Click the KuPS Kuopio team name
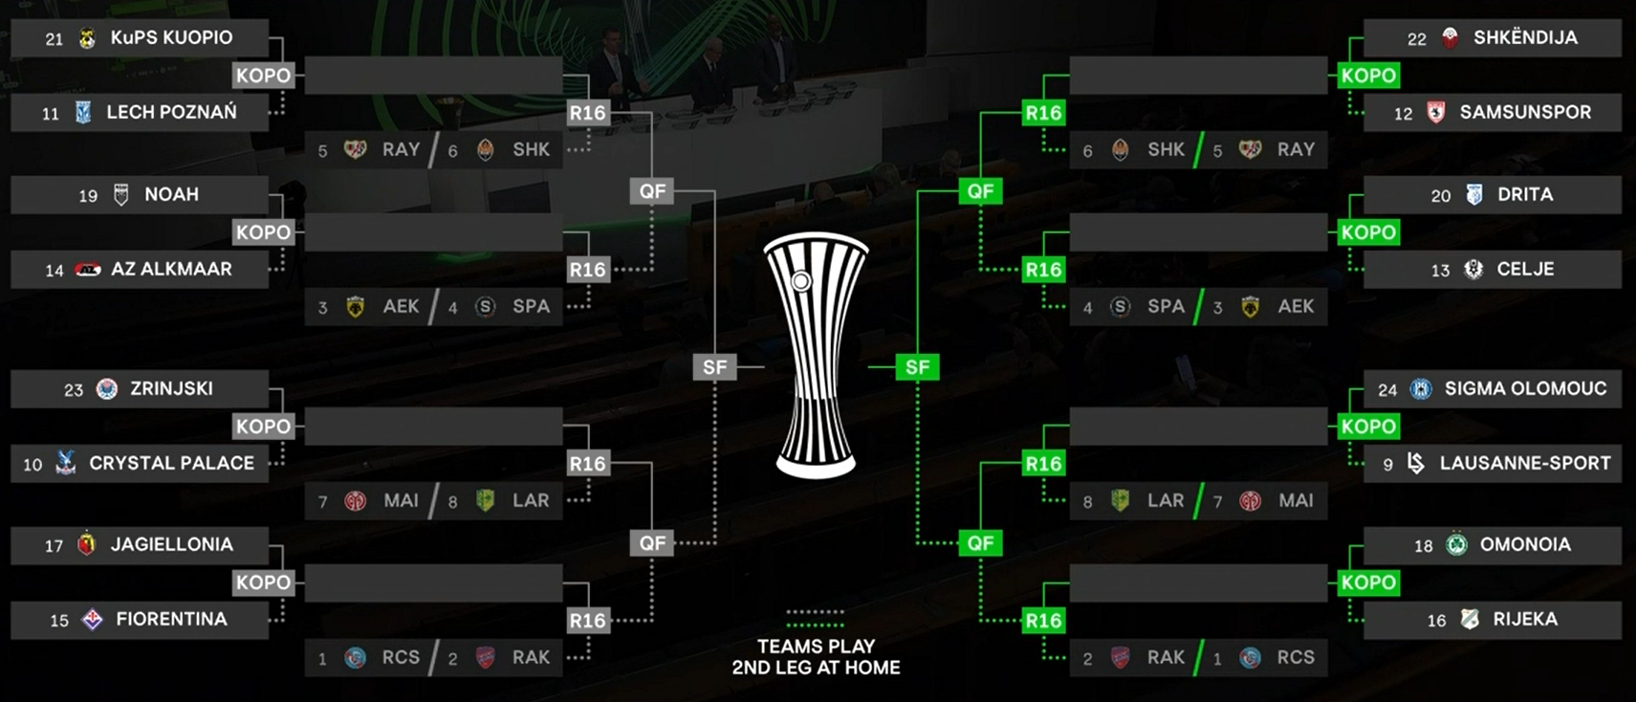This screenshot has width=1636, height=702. (x=171, y=38)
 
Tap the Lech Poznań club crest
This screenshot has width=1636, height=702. (x=83, y=113)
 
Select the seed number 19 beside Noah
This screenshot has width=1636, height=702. (x=88, y=196)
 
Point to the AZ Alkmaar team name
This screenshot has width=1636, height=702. (x=171, y=270)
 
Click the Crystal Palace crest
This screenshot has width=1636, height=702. (x=66, y=464)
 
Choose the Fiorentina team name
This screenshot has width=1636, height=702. (x=171, y=620)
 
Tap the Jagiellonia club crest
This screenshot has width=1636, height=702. (x=87, y=544)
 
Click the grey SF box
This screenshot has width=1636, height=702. (x=714, y=367)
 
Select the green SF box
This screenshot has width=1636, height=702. (x=917, y=367)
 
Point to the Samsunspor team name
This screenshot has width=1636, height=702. (x=1525, y=113)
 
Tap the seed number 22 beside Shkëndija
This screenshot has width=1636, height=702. (x=1416, y=39)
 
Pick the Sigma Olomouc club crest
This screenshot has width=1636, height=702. (x=1421, y=389)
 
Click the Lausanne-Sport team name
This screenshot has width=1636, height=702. (x=1525, y=464)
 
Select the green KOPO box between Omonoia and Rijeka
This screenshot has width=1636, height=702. (x=1368, y=582)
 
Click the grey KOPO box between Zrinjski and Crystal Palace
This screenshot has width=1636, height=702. (x=263, y=427)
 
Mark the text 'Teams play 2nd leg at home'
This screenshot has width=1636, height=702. (x=816, y=657)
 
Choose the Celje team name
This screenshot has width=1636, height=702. (x=1525, y=270)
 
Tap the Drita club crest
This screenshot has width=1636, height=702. (x=1474, y=195)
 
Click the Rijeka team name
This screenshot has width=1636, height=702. (x=1525, y=620)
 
